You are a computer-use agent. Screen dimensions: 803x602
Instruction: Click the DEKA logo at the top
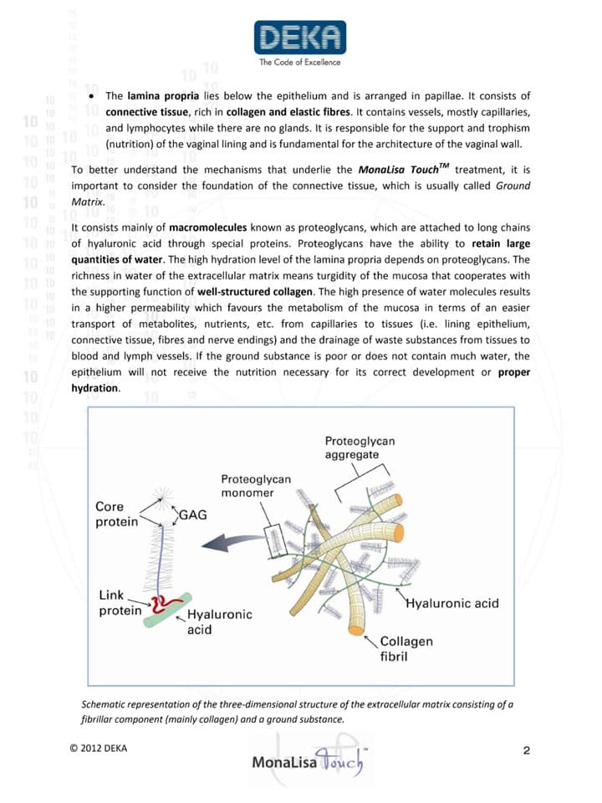coord(299,38)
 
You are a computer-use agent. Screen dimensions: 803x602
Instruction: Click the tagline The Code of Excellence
coord(299,62)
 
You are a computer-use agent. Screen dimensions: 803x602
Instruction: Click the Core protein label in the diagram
coord(115,514)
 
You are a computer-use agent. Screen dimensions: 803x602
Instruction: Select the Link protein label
coord(116,602)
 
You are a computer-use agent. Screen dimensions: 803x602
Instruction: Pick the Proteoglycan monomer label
coord(255,486)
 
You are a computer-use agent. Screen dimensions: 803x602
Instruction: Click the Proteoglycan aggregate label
coord(360,448)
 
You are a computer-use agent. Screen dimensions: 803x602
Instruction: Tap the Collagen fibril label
coord(406,648)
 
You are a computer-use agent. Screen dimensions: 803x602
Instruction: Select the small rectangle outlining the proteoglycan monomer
coord(275,532)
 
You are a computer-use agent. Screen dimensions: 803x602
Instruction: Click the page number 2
coord(526,749)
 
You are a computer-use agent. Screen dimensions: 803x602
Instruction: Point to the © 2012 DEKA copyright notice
coord(99,748)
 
